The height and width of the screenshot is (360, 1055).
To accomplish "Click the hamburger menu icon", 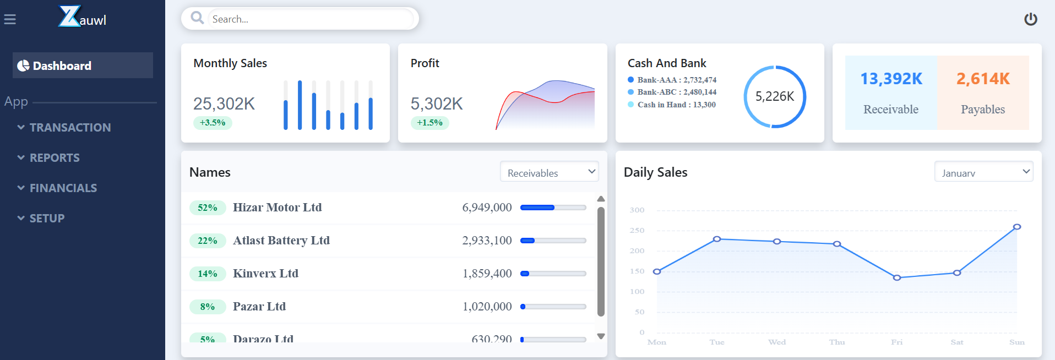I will (x=10, y=20).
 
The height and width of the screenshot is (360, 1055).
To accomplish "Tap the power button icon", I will (x=1030, y=19).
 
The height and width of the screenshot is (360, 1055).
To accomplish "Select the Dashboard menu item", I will (x=83, y=66).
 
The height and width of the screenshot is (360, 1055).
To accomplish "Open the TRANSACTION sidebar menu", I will (x=70, y=128).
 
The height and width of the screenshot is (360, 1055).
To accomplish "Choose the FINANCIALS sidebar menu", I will (x=63, y=188).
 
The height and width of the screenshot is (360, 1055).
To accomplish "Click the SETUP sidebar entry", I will (x=47, y=219).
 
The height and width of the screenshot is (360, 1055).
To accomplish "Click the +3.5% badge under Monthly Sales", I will (x=213, y=123).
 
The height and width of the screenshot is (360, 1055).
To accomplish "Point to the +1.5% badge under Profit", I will (x=429, y=123).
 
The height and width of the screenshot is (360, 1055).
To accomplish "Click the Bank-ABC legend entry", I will (x=676, y=92).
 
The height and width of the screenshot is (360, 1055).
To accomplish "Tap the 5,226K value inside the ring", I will (x=774, y=97).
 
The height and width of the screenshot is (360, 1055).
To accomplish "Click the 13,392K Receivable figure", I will (x=891, y=79).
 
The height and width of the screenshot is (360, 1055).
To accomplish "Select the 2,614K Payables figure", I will (x=983, y=79).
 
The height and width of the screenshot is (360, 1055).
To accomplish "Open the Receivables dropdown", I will (x=549, y=172).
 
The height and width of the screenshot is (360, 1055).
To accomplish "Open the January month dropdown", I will (x=983, y=172).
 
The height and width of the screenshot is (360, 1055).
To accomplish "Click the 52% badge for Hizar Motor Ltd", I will (x=208, y=208).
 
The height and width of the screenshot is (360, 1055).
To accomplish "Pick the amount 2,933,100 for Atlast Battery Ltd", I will (x=487, y=241).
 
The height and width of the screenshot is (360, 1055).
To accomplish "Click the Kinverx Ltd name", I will (x=265, y=274).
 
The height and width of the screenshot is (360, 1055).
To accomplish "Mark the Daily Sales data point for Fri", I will (x=897, y=277).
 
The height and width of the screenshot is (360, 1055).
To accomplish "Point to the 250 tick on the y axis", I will (x=637, y=231).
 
